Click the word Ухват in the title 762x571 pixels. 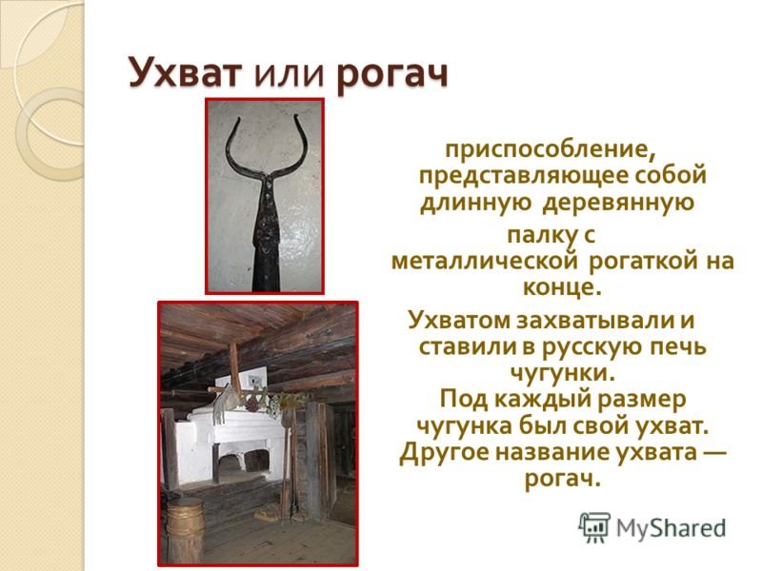pyautogui.click(x=185, y=74)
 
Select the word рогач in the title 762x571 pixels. pyautogui.click(x=391, y=75)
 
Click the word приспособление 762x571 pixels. pyautogui.click(x=551, y=149)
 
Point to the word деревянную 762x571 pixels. pyautogui.click(x=617, y=203)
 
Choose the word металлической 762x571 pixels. pyautogui.click(x=485, y=261)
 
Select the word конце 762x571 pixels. pyautogui.click(x=562, y=288)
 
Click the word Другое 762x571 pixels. pyautogui.click(x=443, y=453)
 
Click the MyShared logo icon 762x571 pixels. pyautogui.click(x=593, y=527)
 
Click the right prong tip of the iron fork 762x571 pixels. pyautogui.click(x=296, y=116)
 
